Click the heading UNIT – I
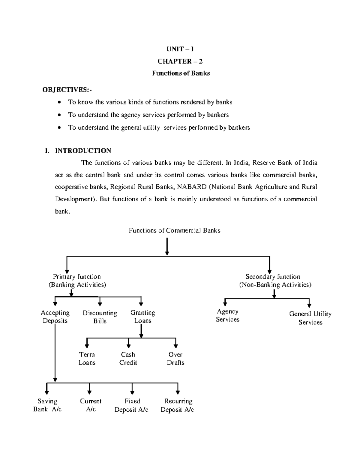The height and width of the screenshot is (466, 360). coord(180,49)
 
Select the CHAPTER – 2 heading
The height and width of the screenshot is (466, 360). coord(180,61)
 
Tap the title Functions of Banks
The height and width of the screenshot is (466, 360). coord(181,73)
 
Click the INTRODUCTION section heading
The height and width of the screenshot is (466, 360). coord(83,151)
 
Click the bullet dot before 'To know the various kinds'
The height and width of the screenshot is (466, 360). coord(60,102)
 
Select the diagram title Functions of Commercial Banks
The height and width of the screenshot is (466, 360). coord(174,230)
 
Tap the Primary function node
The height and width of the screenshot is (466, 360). coord(77,281)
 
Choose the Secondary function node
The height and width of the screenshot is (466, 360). coord(275,281)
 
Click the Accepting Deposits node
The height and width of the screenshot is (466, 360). coord(55,317)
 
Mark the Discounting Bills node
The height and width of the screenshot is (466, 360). coord(100,317)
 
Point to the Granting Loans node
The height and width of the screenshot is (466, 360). coord(142,317)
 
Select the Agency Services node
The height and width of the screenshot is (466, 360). coord(227,315)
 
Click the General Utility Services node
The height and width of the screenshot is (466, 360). coord(310,318)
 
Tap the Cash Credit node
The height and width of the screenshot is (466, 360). coord(128,358)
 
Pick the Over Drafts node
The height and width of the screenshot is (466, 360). coord(175,358)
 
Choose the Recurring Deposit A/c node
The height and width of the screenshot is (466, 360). coord(178,405)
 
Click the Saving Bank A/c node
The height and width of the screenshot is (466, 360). coord(47,405)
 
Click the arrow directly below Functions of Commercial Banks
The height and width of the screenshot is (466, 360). coord(167,246)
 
